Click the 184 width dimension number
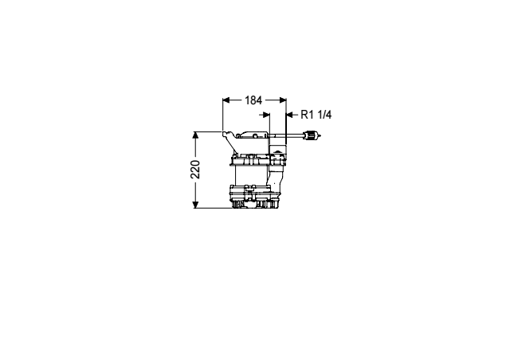click(253, 100)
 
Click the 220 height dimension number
click(195, 170)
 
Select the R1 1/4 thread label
click(316, 115)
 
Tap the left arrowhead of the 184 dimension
click(226, 100)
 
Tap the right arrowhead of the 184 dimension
click(283, 100)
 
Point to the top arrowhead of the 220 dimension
click(195, 135)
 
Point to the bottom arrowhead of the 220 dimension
click(195, 204)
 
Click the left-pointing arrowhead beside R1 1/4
click(290, 115)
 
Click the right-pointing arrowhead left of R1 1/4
click(266, 115)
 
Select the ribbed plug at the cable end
click(310, 135)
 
